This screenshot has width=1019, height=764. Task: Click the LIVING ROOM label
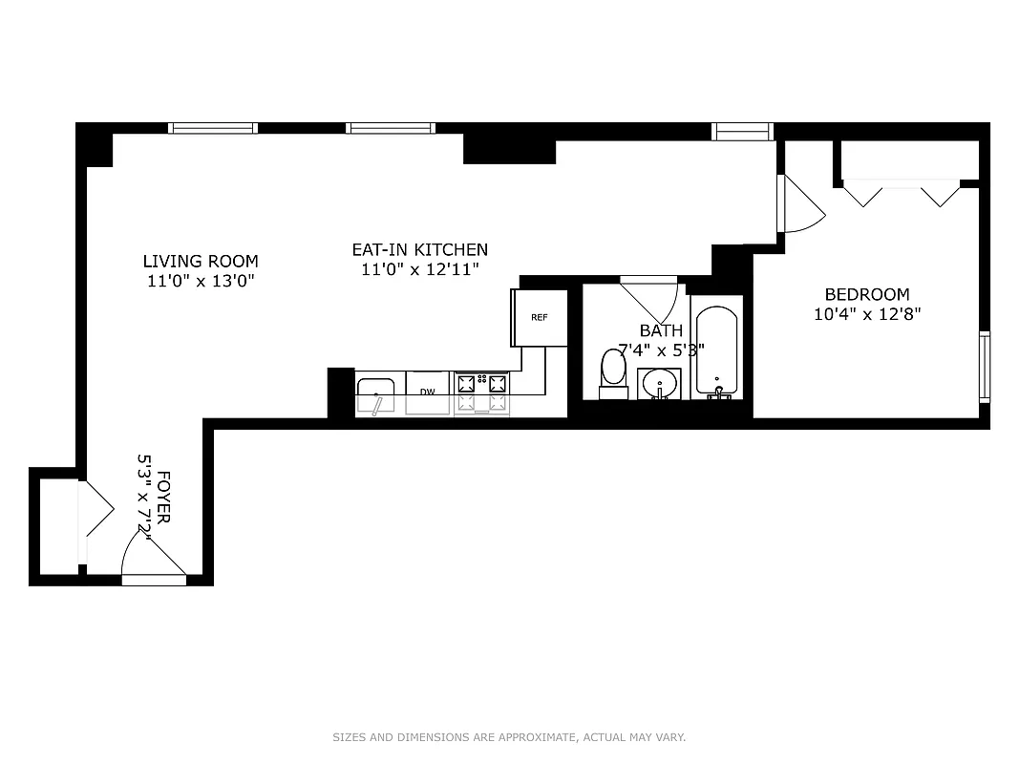pos(201,261)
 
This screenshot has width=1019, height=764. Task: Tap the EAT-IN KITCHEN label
pos(419,249)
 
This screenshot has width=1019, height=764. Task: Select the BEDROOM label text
pos(867,294)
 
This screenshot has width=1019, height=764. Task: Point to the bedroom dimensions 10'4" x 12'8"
pos(867,314)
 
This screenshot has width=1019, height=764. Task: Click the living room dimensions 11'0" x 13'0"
pos(201,281)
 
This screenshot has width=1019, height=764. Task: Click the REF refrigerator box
pos(540,317)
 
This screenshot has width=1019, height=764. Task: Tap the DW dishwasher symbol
pos(427,392)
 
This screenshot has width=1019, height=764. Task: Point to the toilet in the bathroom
pos(613,372)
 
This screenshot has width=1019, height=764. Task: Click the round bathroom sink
pos(659,386)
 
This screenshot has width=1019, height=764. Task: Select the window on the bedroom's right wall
pos(984,365)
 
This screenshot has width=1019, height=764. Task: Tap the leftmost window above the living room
pos(213,128)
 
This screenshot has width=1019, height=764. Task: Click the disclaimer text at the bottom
pos(509,737)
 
